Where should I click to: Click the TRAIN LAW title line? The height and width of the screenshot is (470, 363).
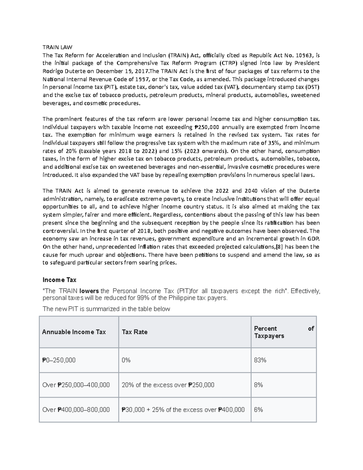(57, 47)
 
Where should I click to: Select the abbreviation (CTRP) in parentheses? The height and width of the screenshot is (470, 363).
(228, 63)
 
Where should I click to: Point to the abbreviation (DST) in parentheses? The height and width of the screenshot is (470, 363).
(312, 87)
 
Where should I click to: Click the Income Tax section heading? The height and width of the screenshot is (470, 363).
(59, 280)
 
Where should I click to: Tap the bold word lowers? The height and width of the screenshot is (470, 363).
(89, 291)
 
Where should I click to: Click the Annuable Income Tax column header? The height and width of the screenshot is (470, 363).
(74, 332)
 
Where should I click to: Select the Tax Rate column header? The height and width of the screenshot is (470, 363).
(135, 332)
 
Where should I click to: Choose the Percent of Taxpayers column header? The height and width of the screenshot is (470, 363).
(284, 332)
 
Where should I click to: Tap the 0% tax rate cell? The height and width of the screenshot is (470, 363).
(126, 360)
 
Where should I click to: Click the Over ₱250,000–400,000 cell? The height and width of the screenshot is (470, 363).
(76, 385)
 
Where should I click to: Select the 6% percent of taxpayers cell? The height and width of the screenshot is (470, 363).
(258, 410)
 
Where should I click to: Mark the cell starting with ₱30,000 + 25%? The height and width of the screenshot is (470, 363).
(183, 410)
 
